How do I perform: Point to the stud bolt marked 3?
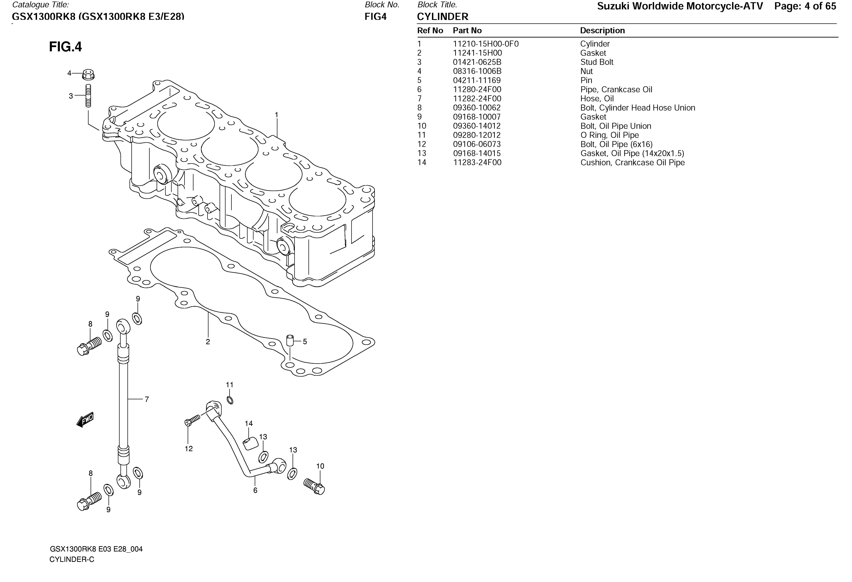88,96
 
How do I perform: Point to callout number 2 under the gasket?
208,342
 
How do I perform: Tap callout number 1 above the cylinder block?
277,115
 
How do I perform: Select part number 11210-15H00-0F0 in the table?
486,44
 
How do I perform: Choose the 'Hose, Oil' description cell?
597,99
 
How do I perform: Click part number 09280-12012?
477,135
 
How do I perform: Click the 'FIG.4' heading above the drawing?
66,47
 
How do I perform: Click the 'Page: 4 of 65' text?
805,6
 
